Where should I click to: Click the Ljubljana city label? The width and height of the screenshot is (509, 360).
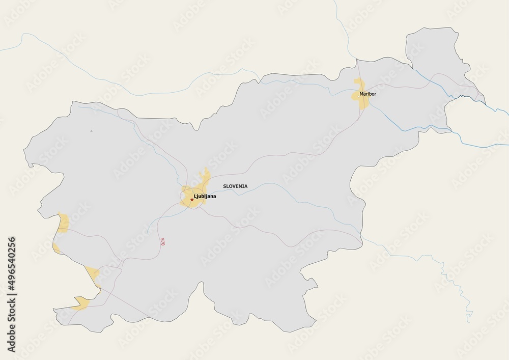[x=205, y=196]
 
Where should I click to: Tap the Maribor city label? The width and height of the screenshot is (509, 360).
[x=367, y=94]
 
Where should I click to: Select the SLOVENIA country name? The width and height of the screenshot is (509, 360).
[x=235, y=186]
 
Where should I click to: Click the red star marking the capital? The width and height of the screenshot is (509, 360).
[x=192, y=200]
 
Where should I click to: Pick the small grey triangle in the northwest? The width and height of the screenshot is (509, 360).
[x=92, y=131]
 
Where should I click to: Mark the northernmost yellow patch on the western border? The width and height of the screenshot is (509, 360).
[x=64, y=223]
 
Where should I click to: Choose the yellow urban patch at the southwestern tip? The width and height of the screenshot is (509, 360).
[x=80, y=304]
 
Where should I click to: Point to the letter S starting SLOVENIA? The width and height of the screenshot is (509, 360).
[x=224, y=186]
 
